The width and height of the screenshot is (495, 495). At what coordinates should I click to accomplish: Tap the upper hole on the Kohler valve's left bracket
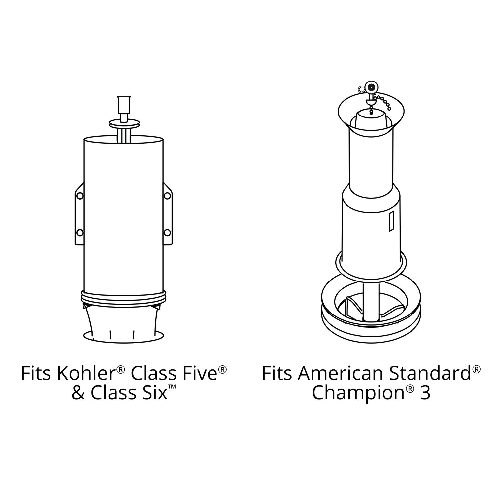[x=80, y=196]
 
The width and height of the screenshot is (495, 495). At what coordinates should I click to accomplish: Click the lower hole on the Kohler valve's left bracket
[x=80, y=233]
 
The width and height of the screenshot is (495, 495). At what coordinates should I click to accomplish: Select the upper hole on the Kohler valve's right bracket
[x=167, y=196]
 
